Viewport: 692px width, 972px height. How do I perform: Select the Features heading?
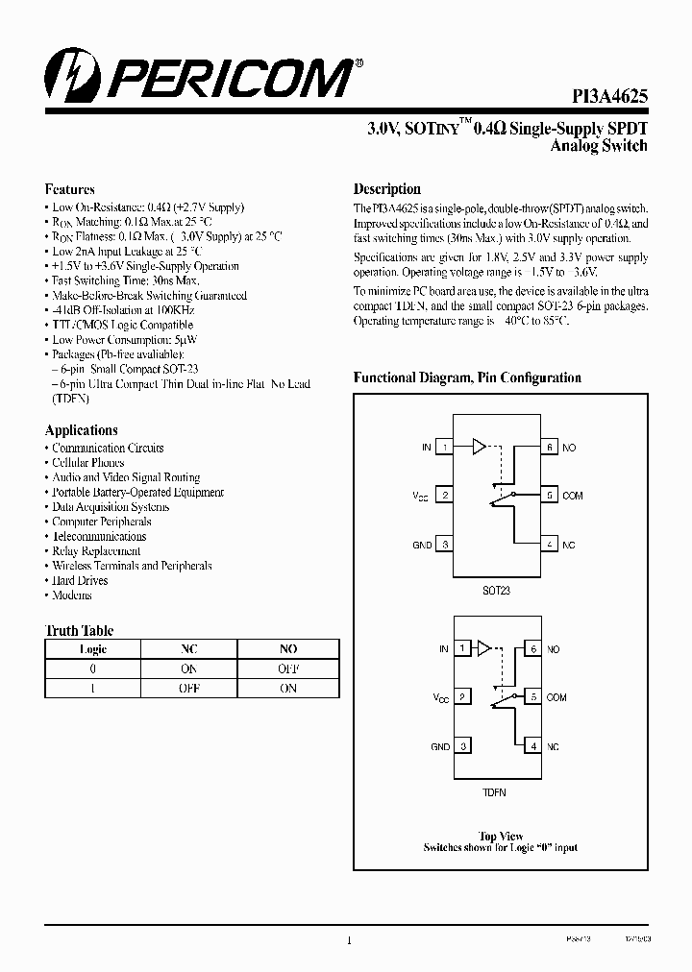pos(69,189)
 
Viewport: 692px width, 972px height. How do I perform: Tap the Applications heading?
pos(82,430)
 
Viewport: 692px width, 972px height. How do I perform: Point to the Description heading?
pos(386,189)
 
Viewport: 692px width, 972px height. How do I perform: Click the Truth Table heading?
pos(79,631)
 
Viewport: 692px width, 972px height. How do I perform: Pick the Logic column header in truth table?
pos(93,649)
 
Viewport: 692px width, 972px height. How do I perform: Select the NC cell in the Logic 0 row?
pos(189,668)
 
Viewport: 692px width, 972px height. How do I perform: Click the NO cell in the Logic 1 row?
pos(288,688)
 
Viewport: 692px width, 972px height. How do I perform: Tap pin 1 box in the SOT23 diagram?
pos(445,447)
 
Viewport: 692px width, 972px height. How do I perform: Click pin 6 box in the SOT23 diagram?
pos(549,447)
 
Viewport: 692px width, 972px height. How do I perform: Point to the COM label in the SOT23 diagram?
pos(573,496)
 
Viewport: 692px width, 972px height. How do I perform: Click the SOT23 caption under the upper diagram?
pos(497,590)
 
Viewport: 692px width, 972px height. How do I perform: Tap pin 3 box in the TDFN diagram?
pos(463,746)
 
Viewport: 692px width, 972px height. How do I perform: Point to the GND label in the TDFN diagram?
pos(440,746)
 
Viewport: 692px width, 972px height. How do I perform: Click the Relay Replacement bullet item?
pos(96,551)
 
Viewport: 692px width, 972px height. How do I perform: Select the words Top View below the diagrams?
pos(501,837)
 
